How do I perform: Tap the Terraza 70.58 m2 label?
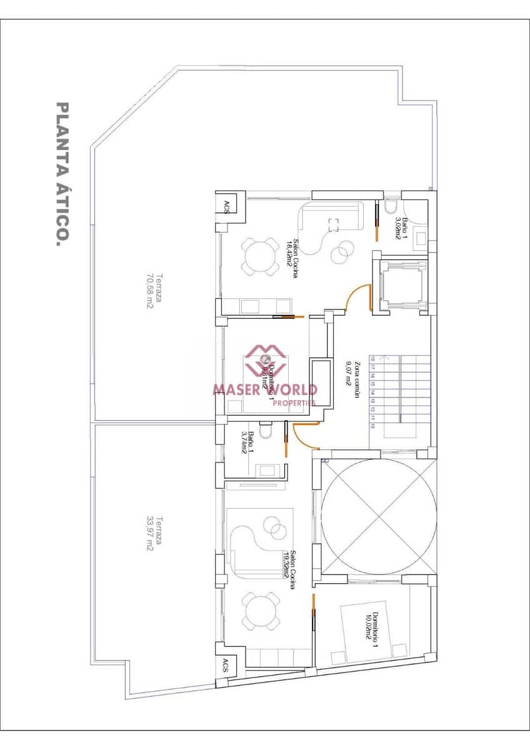click(154, 292)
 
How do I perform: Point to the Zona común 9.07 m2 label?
click(354, 381)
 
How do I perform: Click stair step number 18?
click(372, 359)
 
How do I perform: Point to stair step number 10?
click(372, 426)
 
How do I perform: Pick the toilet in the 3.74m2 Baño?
click(265, 431)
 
